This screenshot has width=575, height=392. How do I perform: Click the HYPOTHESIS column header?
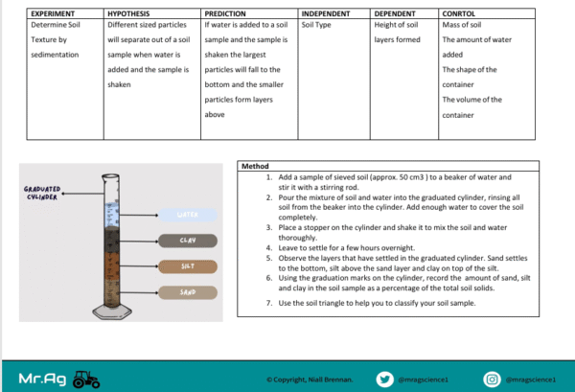coord(128,14)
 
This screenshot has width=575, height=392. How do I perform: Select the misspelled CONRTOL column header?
coord(458,14)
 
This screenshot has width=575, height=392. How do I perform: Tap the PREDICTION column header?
coord(225,14)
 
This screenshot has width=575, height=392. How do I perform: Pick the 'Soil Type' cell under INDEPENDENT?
coord(316,25)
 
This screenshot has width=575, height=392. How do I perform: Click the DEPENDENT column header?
coord(395,14)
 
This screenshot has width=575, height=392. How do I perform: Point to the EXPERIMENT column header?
coord(53,14)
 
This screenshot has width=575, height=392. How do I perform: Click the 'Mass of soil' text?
coord(462,25)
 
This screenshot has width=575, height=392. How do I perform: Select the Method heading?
coord(255,166)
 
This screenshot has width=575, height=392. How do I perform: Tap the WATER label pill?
coord(188,215)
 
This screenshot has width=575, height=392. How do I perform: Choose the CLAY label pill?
coord(188,241)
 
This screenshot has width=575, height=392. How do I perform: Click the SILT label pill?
coord(188,266)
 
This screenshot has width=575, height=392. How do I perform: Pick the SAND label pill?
coord(188,292)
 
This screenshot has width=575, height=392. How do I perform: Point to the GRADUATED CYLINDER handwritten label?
coord(42,194)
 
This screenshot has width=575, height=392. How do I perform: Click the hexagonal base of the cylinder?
coord(112,311)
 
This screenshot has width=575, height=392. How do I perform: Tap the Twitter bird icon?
coord(384,380)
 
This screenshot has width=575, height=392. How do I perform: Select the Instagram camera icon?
coord(492,380)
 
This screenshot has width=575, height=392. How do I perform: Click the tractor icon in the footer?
coord(86,380)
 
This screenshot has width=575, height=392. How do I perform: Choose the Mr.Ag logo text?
coord(42,379)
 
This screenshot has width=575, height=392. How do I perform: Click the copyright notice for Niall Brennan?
coord(310,380)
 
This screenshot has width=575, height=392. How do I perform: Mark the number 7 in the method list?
coord(269,303)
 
